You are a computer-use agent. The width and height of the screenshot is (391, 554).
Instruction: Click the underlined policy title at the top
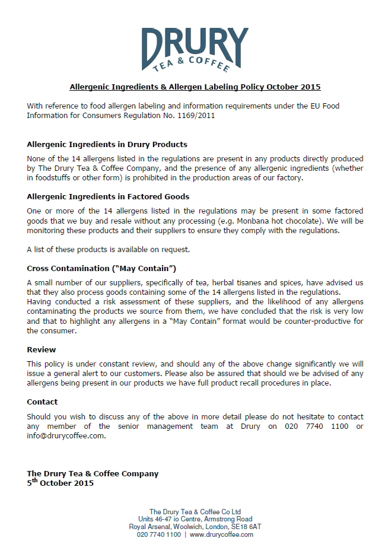(195, 87)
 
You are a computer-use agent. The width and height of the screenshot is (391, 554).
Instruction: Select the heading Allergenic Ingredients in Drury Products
(107, 144)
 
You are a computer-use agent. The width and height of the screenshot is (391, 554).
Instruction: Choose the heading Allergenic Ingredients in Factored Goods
(108, 196)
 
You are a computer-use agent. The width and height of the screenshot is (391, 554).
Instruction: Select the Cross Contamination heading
(101, 268)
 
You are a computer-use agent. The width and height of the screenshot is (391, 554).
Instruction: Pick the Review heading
(42, 349)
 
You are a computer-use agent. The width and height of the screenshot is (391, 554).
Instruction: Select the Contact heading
(43, 402)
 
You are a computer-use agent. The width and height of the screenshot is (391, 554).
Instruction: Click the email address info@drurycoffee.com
(66, 435)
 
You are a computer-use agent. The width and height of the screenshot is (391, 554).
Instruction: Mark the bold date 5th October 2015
(60, 483)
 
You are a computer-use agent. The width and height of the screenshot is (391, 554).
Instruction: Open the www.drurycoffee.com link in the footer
(221, 534)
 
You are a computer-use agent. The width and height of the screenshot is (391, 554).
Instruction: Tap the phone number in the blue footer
(158, 534)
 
